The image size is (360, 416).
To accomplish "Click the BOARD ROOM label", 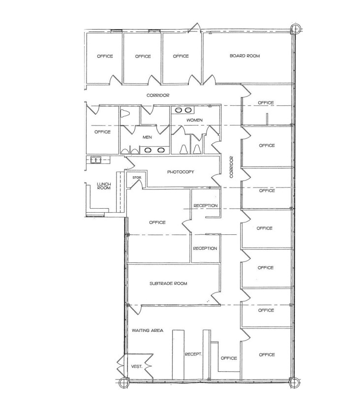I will (244, 56).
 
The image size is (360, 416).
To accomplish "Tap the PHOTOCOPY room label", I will (180, 172).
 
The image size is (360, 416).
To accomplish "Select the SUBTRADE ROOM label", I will (169, 284).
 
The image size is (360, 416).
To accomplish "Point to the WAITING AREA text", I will (147, 330).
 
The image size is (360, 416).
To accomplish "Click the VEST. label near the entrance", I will (137, 366).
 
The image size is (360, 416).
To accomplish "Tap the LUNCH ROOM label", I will (104, 186).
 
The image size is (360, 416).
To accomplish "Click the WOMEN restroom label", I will (194, 120).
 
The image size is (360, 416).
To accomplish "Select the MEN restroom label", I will (147, 137).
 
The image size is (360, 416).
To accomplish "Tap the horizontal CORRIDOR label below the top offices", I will (158, 95).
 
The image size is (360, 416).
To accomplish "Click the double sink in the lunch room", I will (94, 160).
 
